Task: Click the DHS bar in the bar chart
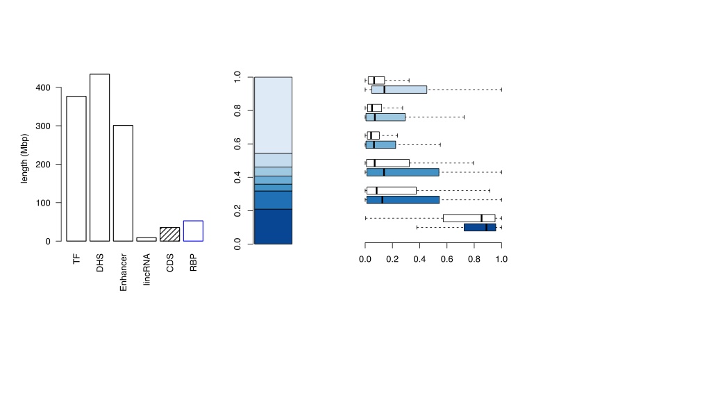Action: [x=99, y=158]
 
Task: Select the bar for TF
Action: [x=76, y=169]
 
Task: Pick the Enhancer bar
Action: [x=123, y=183]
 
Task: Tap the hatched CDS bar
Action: [x=169, y=234]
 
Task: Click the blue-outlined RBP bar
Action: [x=193, y=231]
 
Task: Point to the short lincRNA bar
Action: [x=147, y=239]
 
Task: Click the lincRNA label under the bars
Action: [x=147, y=269]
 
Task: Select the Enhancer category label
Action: [x=123, y=272]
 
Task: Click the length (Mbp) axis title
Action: [x=24, y=158]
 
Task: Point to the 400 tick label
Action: [x=43, y=87]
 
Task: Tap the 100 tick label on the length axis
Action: [x=43, y=203]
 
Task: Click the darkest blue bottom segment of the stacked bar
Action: [x=273, y=227]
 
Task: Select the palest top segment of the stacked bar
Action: [x=273, y=115]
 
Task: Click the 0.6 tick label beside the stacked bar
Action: [x=237, y=144]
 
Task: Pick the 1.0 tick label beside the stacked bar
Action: [x=237, y=77]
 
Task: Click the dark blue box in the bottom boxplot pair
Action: [x=480, y=227]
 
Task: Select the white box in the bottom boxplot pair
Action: [x=469, y=218]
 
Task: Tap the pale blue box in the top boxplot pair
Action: [x=399, y=90]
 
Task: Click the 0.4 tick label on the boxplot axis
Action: [x=419, y=259]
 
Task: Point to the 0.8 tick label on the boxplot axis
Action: [x=474, y=259]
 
